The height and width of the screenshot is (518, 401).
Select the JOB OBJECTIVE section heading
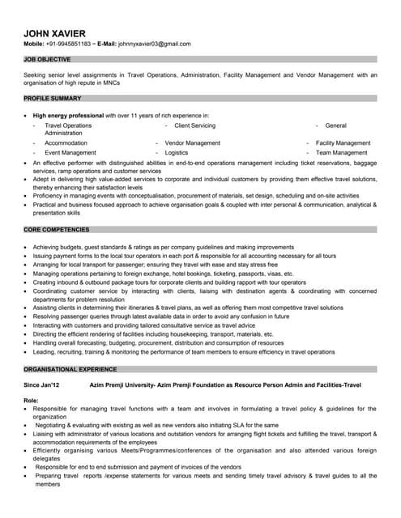(47, 60)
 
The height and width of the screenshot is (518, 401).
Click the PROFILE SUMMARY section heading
(53, 99)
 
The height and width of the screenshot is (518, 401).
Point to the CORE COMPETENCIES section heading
(58, 231)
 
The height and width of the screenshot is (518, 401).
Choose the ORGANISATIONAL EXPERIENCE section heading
(70, 368)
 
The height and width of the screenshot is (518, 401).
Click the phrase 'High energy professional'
(69, 116)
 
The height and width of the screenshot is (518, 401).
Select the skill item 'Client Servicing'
(195, 125)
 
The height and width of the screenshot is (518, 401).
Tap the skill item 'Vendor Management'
(192, 142)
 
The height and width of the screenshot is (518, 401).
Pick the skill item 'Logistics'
(177, 152)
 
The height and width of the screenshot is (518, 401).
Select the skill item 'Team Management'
(342, 152)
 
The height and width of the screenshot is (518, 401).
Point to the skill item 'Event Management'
(70, 152)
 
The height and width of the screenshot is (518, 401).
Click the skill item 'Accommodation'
(66, 142)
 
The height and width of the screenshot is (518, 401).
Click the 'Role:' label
(32, 401)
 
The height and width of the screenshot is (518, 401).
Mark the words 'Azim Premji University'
(128, 384)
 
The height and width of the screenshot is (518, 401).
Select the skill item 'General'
(335, 125)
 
